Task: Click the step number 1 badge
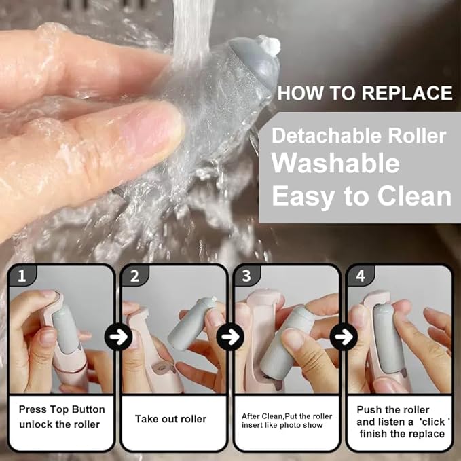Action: click(22, 276)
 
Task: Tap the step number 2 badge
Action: click(134, 276)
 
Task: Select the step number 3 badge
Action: click(246, 276)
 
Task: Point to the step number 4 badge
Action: click(361, 276)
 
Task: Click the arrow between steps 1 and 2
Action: click(118, 337)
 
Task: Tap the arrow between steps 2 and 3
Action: click(230, 337)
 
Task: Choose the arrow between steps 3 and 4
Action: click(344, 337)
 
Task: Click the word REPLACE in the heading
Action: click(407, 93)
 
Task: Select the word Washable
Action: click(335, 164)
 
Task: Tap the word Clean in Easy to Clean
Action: click(414, 196)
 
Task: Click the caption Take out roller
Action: click(171, 419)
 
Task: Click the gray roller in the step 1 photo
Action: click(65, 329)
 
